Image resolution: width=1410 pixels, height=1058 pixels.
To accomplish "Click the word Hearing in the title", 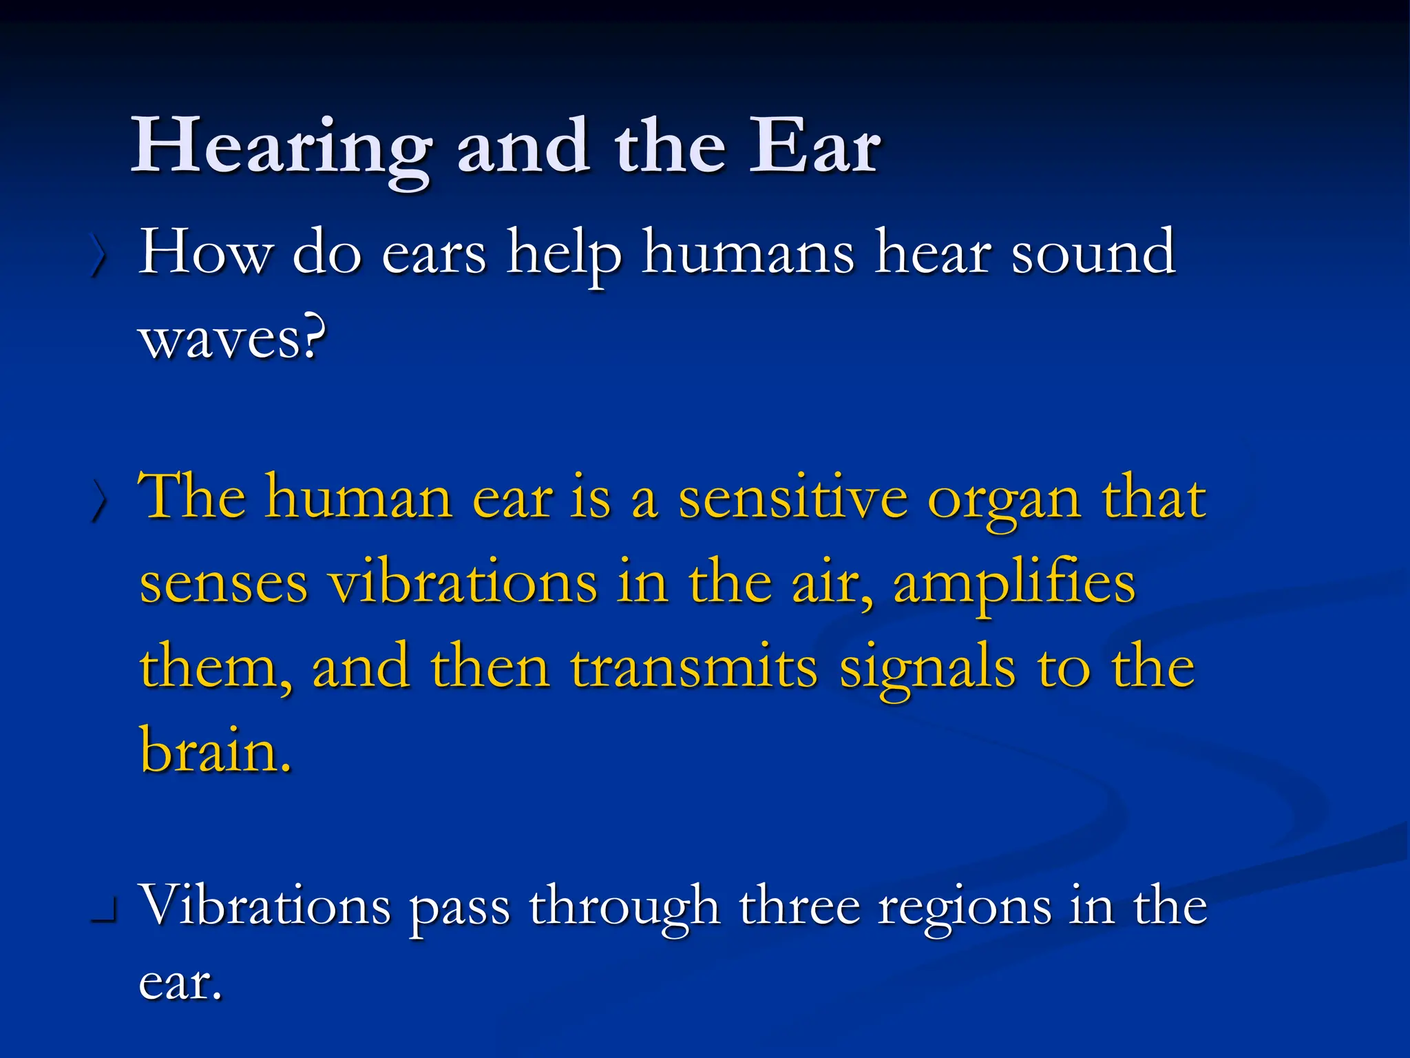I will [x=281, y=148].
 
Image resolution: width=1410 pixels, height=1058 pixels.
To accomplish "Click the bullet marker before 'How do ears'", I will [x=98, y=256].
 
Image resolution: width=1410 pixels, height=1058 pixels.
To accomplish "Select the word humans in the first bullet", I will [x=748, y=253].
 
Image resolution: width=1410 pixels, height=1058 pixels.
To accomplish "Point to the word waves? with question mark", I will [x=233, y=339].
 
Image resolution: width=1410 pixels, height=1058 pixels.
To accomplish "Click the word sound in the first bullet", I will [x=1093, y=253].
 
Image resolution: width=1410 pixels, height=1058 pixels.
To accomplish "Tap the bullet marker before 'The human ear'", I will [x=98, y=501].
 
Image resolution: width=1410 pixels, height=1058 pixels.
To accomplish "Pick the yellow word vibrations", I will [x=463, y=583].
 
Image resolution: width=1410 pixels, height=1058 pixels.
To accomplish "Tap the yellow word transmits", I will [x=694, y=667].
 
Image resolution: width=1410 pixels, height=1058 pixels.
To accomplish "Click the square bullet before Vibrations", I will [x=104, y=913].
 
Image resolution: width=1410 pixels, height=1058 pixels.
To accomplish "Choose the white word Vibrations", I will [x=265, y=905].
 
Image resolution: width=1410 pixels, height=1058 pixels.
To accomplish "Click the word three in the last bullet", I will [x=799, y=905].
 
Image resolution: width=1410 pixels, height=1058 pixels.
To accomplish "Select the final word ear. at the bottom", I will [x=180, y=982].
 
